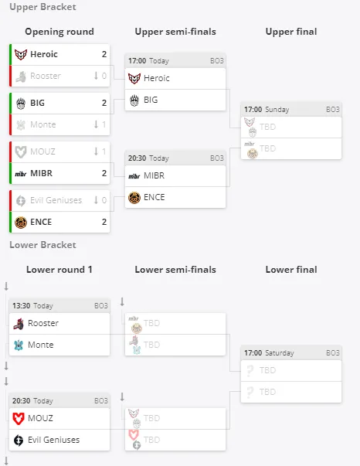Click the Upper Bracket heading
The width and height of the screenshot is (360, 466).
(42, 7)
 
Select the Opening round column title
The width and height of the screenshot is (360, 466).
(59, 32)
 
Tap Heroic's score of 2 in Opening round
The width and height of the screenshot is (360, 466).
(104, 54)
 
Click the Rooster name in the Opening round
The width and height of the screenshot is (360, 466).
(46, 76)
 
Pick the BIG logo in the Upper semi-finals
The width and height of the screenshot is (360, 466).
(134, 100)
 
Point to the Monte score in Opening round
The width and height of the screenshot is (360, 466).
(104, 124)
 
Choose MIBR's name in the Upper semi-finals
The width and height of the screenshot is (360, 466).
(154, 175)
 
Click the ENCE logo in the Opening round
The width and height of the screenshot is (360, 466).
(21, 222)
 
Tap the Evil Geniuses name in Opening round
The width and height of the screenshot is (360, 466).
(56, 200)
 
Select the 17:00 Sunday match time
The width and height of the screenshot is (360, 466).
(267, 110)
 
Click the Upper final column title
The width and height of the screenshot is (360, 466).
(291, 32)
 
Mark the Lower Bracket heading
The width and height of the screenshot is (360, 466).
(42, 244)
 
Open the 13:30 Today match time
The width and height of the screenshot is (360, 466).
(32, 305)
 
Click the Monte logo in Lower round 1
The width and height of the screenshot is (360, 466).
(19, 345)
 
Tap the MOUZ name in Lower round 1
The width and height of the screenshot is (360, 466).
(40, 418)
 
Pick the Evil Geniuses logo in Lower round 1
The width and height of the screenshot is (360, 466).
(19, 440)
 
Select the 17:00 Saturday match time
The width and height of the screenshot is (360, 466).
(269, 352)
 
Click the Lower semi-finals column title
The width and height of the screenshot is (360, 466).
(175, 270)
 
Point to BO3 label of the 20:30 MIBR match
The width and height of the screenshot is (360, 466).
(217, 158)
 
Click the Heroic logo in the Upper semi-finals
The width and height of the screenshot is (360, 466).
(134, 79)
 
